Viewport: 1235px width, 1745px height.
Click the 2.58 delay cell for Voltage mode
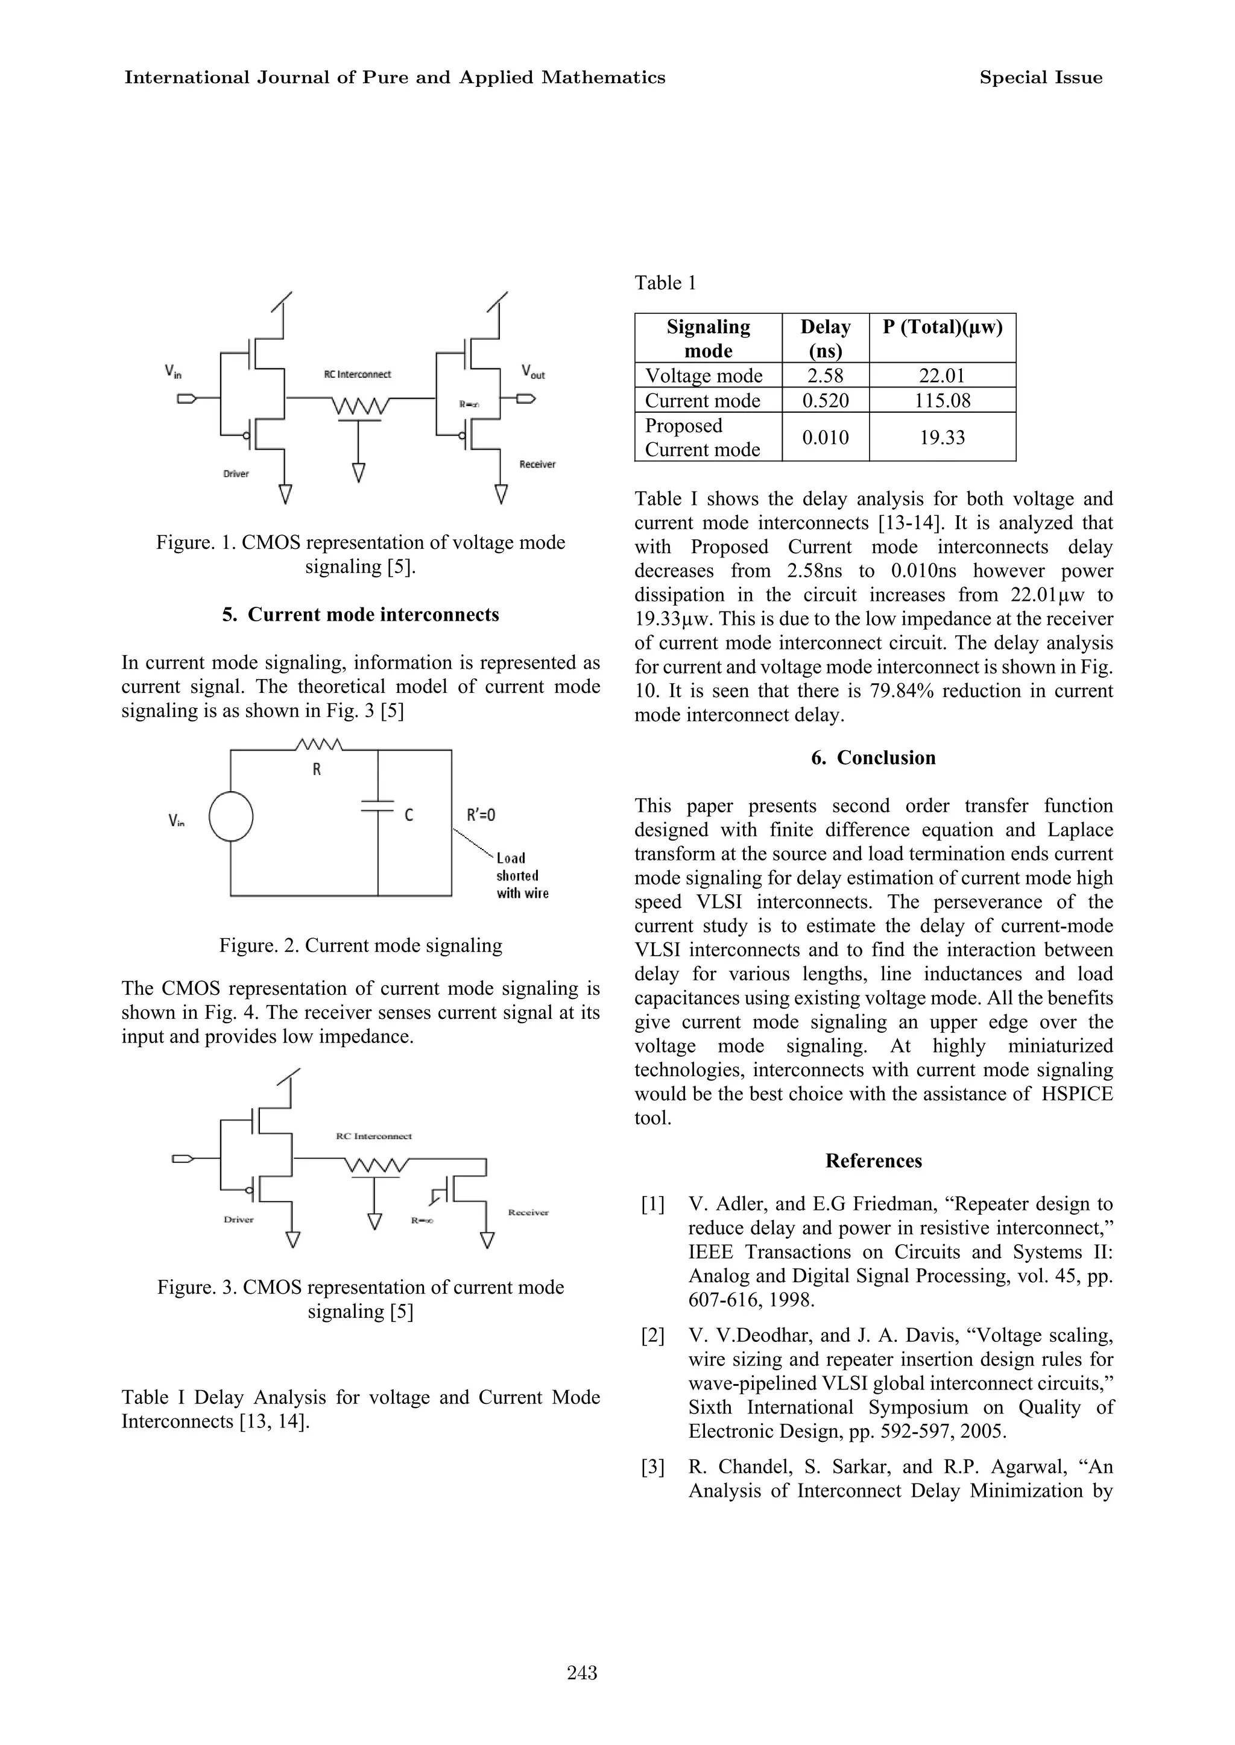click(824, 375)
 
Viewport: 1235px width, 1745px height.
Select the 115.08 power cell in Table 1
click(941, 401)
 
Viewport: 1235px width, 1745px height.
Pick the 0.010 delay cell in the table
click(824, 437)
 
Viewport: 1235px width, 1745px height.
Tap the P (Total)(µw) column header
click(941, 328)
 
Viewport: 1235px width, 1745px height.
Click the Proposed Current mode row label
click(702, 437)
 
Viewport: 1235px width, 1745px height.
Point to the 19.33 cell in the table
click(941, 437)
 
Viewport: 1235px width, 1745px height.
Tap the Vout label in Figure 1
click(532, 372)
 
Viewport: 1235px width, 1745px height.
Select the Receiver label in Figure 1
click(537, 465)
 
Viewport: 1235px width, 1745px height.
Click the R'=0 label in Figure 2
click(481, 815)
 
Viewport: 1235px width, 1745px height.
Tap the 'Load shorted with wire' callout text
click(522, 876)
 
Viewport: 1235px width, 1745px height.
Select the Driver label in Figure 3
click(238, 1219)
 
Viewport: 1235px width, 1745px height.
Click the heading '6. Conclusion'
click(873, 758)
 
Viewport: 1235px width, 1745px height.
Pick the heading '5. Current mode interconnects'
click(361, 614)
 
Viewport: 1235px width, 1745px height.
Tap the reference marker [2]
click(652, 1335)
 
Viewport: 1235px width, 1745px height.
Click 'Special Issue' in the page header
click(1040, 78)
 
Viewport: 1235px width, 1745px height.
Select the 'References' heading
click(873, 1161)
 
